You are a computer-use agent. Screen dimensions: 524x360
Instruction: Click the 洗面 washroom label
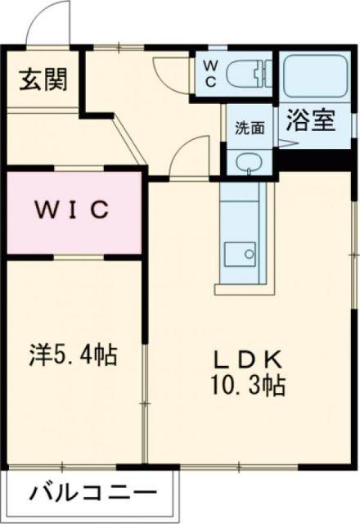coord(250,128)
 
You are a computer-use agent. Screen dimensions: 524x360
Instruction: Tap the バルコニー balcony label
coord(92,493)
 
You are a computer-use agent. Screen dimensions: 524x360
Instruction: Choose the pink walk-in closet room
coord(72,211)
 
